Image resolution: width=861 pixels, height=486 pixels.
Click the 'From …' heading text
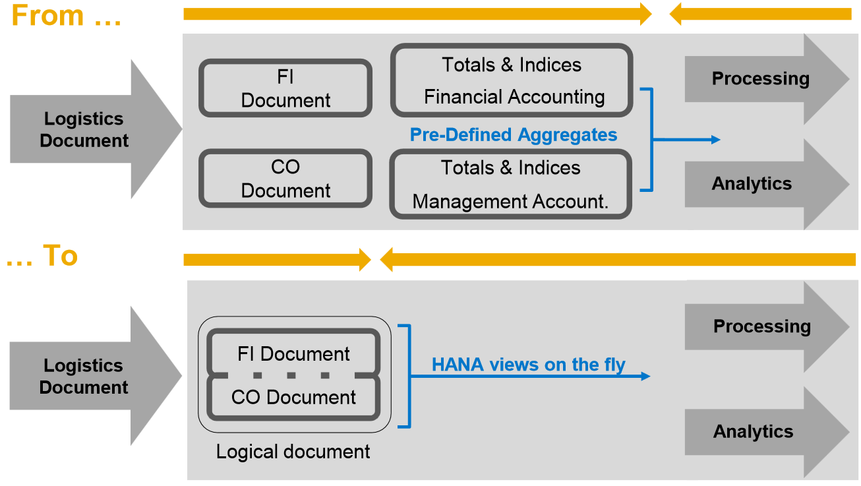pos(67,16)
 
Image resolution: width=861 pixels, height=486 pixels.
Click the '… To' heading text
pos(42,256)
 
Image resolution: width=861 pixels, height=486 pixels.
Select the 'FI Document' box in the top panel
pos(285,88)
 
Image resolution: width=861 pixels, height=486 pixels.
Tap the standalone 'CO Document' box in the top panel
pos(285,179)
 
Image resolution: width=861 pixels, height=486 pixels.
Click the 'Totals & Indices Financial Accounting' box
pos(512,80)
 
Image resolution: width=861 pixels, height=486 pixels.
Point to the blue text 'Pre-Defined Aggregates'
pos(514,135)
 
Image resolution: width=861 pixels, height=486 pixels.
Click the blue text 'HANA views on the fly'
pos(528,364)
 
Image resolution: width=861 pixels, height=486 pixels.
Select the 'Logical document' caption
pos(293,452)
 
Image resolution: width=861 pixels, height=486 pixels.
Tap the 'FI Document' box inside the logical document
pos(294,353)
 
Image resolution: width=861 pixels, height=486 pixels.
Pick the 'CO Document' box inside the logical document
pos(294,397)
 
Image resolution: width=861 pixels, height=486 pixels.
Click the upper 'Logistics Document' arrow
pos(86,129)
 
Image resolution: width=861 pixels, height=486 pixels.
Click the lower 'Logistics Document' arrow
pos(86,376)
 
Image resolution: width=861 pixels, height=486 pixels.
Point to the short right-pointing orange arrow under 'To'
pos(277,260)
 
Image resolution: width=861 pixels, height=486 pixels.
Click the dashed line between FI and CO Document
pos(291,375)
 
